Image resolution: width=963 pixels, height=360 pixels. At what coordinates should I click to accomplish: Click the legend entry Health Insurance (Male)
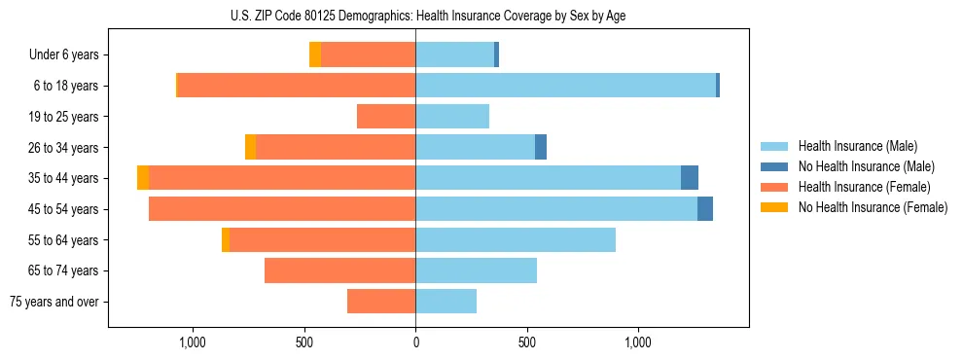click(x=857, y=146)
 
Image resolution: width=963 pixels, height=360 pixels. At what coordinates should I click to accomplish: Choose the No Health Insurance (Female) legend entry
click(x=873, y=207)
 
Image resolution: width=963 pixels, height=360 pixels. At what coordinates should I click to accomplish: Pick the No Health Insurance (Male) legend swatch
click(x=775, y=166)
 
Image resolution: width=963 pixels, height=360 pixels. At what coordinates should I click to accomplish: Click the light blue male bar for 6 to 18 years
click(x=565, y=86)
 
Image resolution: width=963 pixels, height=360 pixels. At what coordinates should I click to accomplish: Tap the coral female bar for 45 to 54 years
click(x=282, y=209)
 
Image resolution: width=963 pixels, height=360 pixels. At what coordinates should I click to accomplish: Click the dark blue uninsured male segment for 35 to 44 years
click(x=690, y=178)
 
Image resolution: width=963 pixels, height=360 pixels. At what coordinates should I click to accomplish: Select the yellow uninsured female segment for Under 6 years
click(x=315, y=54)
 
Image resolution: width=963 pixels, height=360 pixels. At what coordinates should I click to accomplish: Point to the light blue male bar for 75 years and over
click(x=446, y=302)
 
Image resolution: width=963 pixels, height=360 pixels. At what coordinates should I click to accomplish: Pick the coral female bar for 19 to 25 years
click(x=386, y=117)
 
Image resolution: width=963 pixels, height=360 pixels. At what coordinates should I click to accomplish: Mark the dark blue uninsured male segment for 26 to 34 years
click(x=541, y=147)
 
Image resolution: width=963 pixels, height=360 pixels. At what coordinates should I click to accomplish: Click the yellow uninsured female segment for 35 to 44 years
click(x=143, y=178)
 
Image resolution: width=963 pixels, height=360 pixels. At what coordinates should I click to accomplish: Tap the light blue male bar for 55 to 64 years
click(x=516, y=239)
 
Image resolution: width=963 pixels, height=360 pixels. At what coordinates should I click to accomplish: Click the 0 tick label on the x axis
click(x=415, y=342)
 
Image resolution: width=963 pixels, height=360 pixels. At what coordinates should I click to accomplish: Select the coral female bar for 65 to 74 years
click(x=340, y=270)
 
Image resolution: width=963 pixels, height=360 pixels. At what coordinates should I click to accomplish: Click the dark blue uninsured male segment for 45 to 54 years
click(x=705, y=209)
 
